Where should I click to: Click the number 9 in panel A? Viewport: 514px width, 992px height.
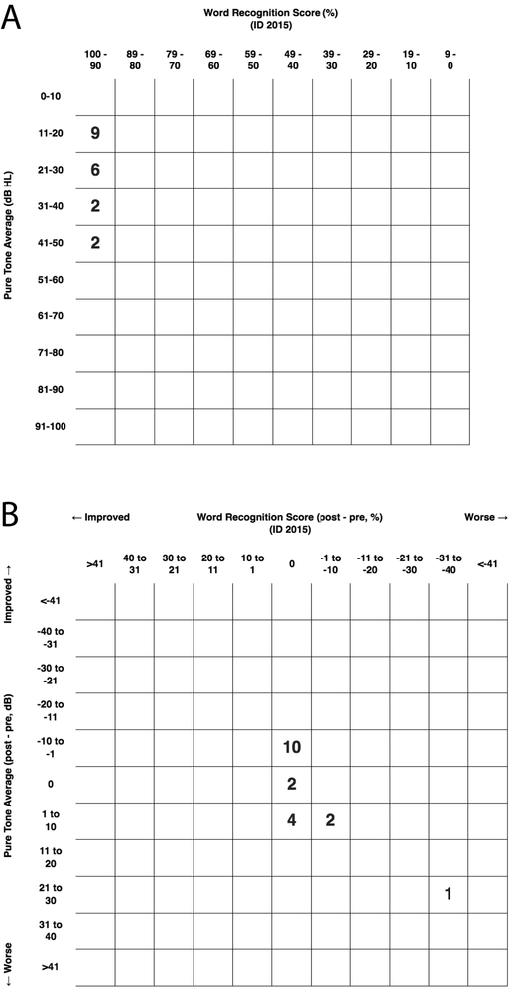coord(96,133)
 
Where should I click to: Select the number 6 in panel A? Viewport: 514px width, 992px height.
coord(96,170)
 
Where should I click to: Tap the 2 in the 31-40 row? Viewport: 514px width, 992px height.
coord(96,206)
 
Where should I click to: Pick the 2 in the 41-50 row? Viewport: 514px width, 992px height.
coord(96,243)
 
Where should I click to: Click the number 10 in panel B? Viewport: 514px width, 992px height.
coord(291,747)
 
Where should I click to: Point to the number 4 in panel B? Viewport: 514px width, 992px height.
coord(291,820)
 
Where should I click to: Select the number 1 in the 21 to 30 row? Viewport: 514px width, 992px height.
coord(448,894)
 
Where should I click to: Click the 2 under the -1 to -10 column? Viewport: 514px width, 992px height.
coord(330,820)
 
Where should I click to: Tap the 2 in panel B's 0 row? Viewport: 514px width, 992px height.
coord(291,784)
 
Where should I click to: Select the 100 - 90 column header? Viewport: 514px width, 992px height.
coord(96,57)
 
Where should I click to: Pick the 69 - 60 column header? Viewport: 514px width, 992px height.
coord(213,57)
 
